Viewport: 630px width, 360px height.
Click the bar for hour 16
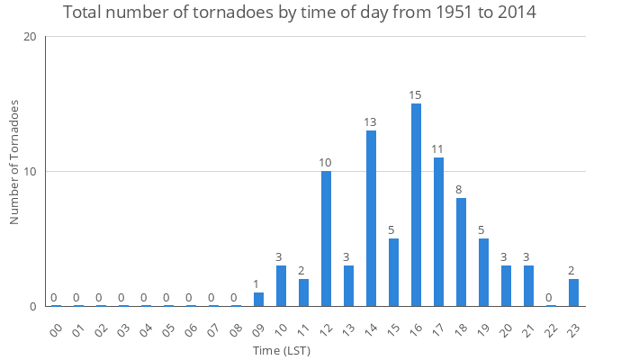point(416,205)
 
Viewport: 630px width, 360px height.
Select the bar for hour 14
point(371,219)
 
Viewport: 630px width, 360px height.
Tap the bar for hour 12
point(326,238)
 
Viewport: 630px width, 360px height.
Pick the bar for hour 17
point(438,232)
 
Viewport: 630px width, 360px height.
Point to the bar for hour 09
point(258,300)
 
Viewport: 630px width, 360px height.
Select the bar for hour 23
point(573,292)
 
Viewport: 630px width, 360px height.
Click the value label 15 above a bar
point(416,95)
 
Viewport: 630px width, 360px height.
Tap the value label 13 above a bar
point(371,122)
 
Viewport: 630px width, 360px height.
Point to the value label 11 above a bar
point(438,149)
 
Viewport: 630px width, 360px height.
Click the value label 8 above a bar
point(461,190)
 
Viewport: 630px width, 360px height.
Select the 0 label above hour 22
point(551,298)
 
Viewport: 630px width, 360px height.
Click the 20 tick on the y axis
point(30,37)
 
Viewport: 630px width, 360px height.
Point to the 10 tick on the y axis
point(30,172)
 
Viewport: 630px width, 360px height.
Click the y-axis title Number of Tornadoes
point(14,162)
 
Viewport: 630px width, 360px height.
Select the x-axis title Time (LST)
point(281,349)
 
